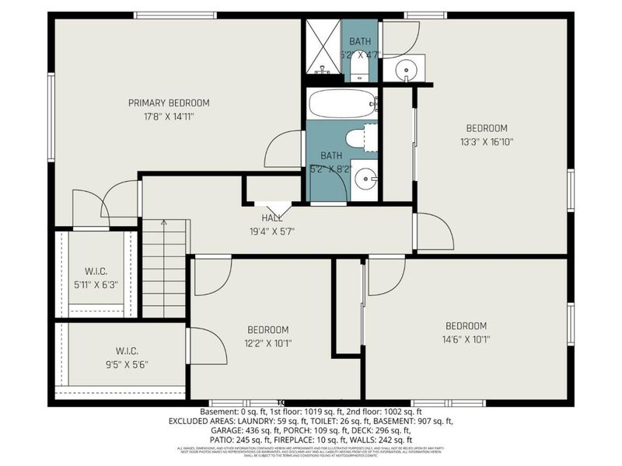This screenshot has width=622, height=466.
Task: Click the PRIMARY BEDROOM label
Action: (169, 103)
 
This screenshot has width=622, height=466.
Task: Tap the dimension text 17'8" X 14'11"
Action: (169, 117)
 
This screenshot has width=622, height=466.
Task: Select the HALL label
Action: (272, 218)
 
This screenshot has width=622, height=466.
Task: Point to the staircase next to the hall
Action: (164, 268)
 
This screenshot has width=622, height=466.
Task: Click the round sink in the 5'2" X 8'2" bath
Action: (364, 180)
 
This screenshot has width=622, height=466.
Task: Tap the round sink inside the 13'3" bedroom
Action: (405, 71)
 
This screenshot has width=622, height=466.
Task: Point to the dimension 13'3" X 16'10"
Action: (487, 142)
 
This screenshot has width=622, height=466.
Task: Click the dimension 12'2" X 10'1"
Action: (268, 343)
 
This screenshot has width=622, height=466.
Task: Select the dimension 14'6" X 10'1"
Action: (466, 339)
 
